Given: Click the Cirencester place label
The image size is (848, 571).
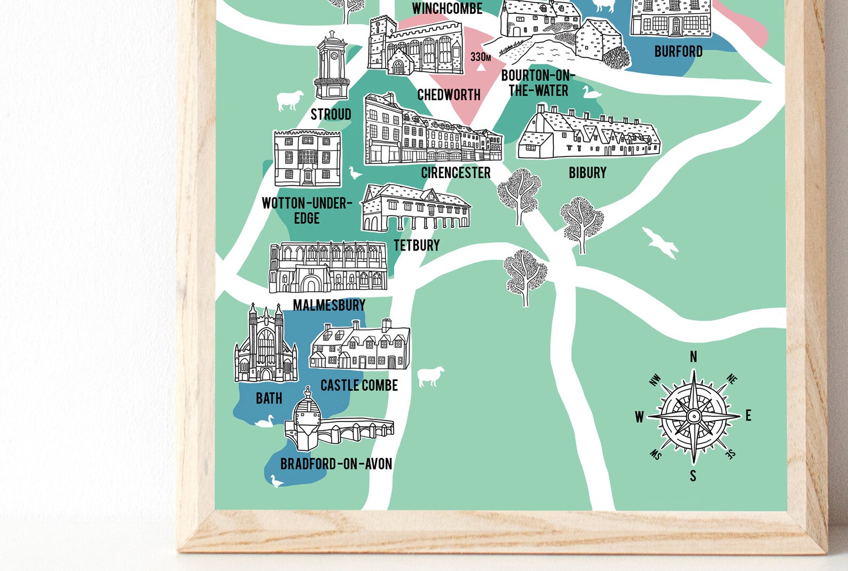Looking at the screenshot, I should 456,173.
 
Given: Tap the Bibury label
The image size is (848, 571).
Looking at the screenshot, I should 587,173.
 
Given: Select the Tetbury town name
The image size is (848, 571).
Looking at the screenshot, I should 417,245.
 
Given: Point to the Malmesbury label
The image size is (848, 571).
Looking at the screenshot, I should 329,305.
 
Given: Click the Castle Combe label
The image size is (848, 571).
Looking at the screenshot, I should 359,385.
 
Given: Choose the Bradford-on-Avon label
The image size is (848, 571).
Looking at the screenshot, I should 336,464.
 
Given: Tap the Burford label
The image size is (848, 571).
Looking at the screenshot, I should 678,52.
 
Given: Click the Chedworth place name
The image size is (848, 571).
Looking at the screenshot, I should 449,95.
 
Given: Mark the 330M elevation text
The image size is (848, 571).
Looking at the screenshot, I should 480,57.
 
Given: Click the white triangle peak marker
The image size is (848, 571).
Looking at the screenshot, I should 481,68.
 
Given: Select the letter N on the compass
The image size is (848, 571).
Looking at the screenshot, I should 693,357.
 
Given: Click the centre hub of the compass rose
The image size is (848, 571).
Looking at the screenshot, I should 694,416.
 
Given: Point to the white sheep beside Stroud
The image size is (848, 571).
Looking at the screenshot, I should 290,100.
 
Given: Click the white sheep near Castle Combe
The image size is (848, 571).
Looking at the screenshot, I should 430,376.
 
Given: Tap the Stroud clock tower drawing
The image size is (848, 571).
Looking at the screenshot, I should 332,67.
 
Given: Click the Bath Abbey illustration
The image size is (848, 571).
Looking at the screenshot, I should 265,346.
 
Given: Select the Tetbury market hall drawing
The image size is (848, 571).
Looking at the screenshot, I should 415,208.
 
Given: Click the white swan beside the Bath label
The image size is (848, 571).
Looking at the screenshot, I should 264,422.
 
